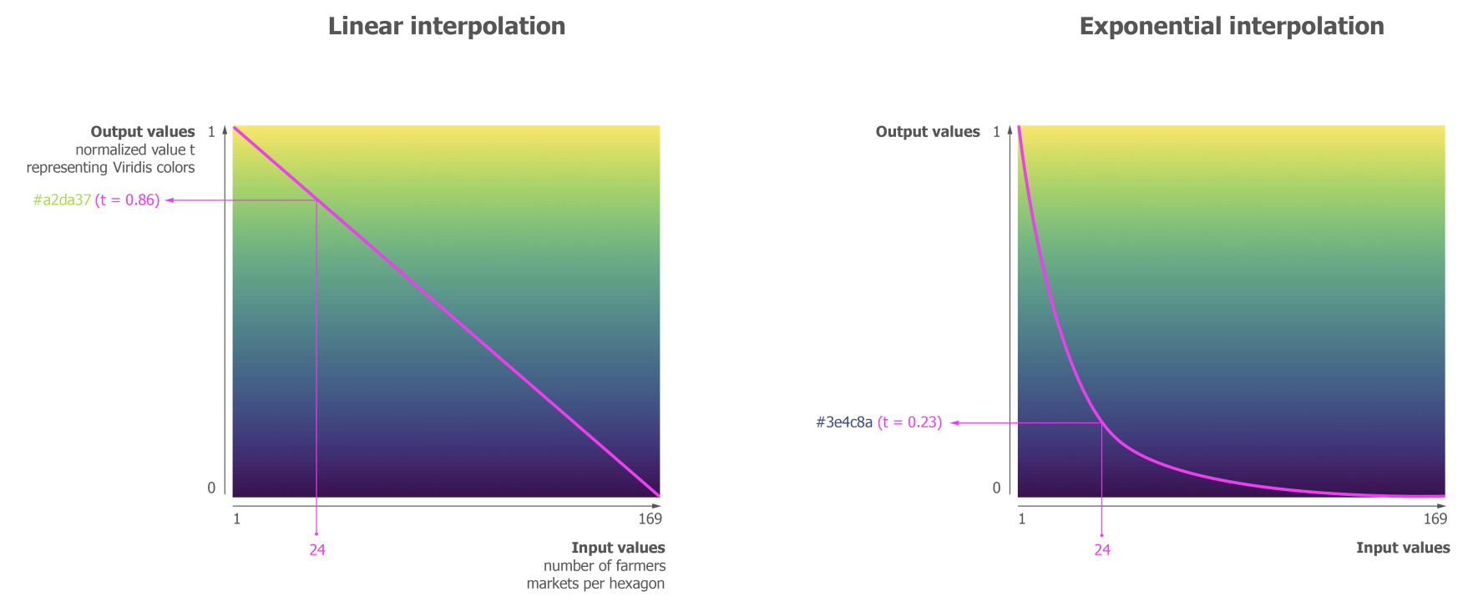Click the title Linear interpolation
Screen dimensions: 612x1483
click(x=446, y=27)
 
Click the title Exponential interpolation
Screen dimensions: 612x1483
click(x=1231, y=27)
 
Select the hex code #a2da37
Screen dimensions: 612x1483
click(x=62, y=200)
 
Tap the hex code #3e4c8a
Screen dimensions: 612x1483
click(x=843, y=422)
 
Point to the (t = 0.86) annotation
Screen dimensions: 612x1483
click(x=127, y=200)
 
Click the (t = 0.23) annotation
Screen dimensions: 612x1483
click(x=909, y=422)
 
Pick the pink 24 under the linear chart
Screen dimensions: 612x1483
click(x=317, y=550)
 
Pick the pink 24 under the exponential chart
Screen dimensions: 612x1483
click(x=1102, y=550)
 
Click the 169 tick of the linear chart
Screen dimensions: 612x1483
click(x=650, y=519)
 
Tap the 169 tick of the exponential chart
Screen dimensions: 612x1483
click(x=1435, y=519)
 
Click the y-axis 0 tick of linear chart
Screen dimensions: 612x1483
click(x=211, y=488)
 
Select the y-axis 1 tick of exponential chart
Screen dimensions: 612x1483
click(x=996, y=132)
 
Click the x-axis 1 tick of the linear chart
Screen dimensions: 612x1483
click(x=237, y=519)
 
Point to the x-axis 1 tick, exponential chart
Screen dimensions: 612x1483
click(x=1022, y=519)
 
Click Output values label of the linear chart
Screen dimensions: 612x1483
click(x=143, y=132)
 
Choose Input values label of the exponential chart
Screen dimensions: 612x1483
click(x=1403, y=548)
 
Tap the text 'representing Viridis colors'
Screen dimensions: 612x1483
click(x=110, y=168)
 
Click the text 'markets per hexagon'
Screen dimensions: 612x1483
click(x=595, y=584)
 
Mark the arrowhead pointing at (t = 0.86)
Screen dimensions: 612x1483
click(x=169, y=200)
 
